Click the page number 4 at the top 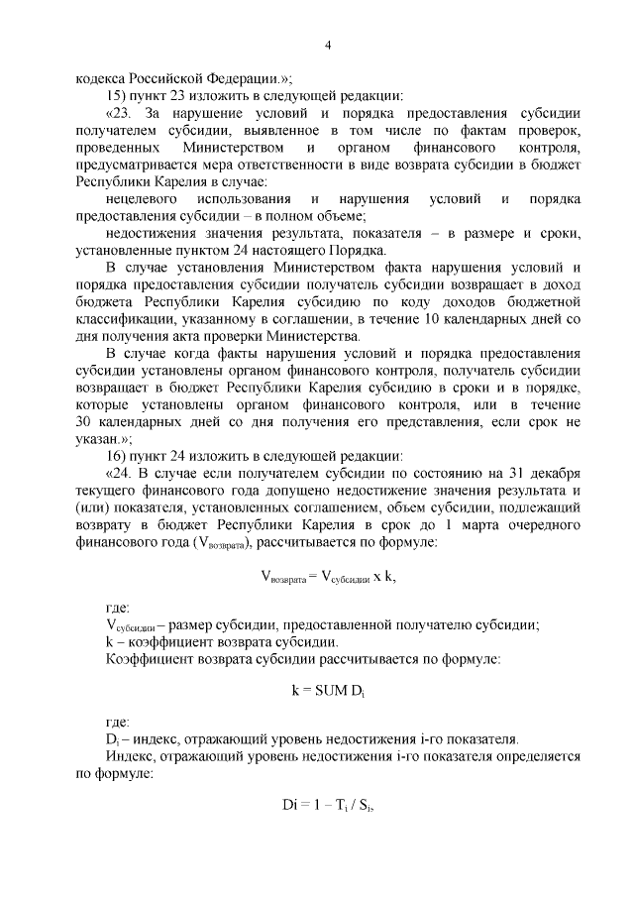(x=327, y=44)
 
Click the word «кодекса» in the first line (x=104, y=78)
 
